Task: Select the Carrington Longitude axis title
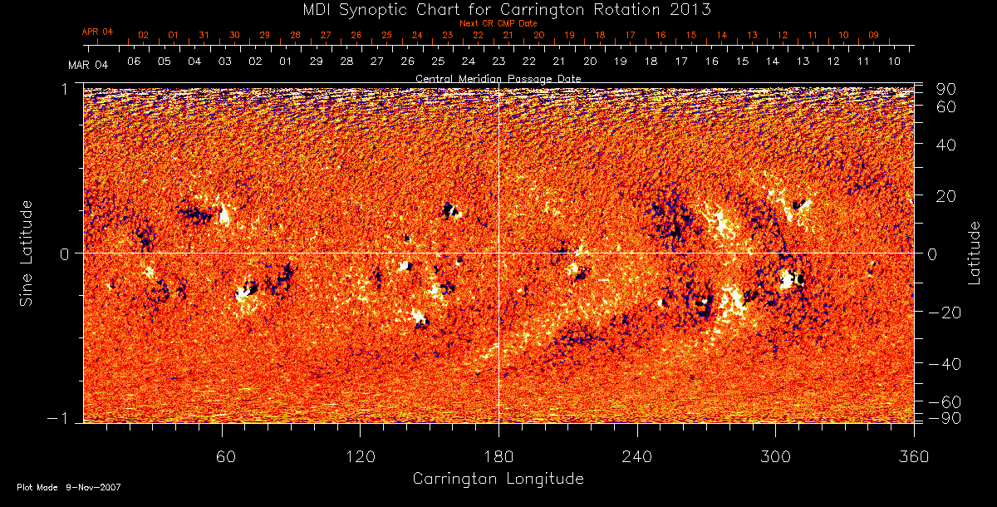(x=498, y=479)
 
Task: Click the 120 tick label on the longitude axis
(x=360, y=456)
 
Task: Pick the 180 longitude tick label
(x=498, y=456)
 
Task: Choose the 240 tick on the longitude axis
(x=636, y=456)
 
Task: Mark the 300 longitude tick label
(x=774, y=456)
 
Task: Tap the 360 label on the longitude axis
(x=914, y=456)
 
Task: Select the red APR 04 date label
(x=97, y=32)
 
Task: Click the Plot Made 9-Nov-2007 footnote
(x=69, y=487)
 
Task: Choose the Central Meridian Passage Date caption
(x=498, y=78)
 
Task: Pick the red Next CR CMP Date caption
(x=498, y=23)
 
